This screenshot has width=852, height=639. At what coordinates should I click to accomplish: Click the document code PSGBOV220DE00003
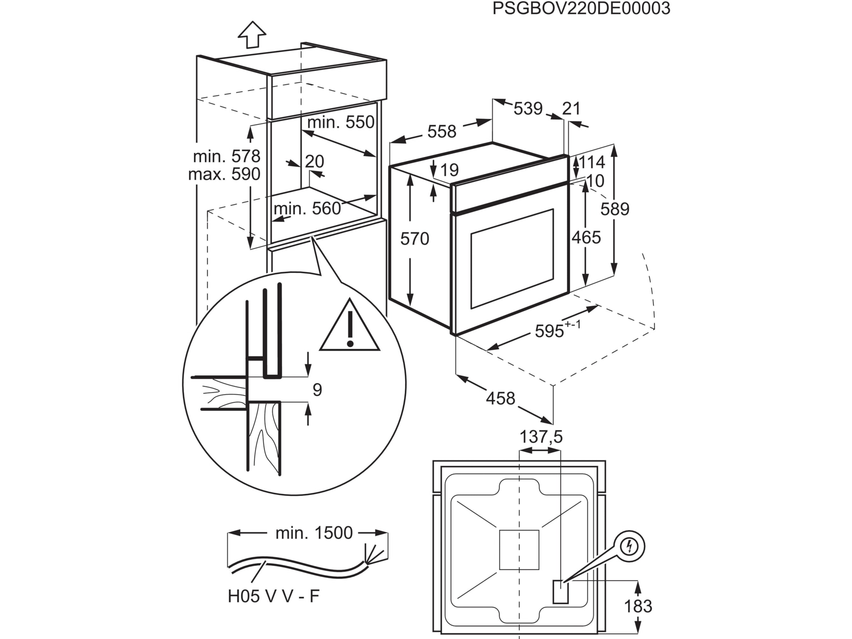[x=581, y=9]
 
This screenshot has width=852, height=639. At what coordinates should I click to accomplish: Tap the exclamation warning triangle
[x=349, y=328]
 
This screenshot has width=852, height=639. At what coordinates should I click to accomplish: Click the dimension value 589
[x=615, y=209]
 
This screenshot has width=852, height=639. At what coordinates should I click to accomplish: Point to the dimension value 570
[x=414, y=239]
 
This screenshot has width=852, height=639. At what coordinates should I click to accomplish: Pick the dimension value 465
[x=586, y=237]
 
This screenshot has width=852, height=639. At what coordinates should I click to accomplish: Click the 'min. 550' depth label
[x=341, y=122]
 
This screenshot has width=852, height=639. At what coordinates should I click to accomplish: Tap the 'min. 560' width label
[x=307, y=208]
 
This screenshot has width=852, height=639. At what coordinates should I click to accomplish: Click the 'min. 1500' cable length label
[x=314, y=533]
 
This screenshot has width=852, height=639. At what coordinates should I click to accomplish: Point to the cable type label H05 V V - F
[x=273, y=596]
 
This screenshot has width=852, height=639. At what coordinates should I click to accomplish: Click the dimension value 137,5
[x=541, y=437]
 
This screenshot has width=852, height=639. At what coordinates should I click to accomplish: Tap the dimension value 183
[x=638, y=606]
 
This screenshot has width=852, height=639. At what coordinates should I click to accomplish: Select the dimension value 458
[x=500, y=398]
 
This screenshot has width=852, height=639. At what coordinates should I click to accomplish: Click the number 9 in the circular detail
[x=317, y=390]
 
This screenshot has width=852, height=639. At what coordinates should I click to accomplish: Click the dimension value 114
[x=592, y=163]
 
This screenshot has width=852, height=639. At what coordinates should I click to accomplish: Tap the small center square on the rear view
[x=519, y=550]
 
